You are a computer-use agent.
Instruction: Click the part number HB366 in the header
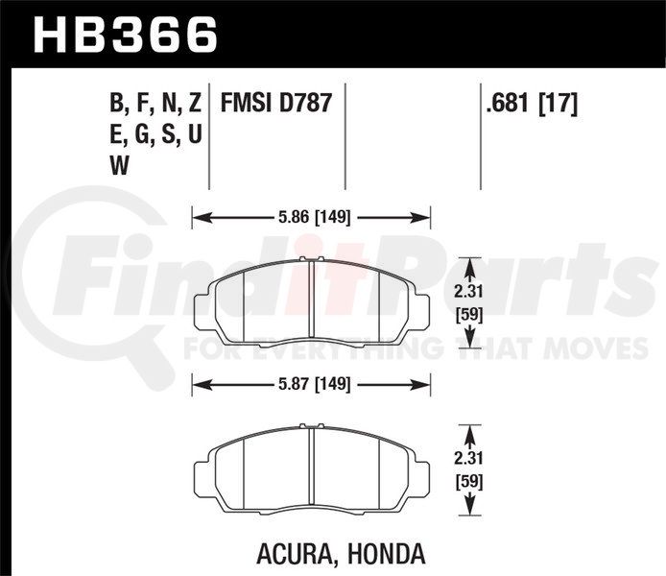(x=126, y=35)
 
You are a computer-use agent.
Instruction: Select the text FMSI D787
(x=275, y=104)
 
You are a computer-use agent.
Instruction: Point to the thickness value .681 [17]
(x=532, y=104)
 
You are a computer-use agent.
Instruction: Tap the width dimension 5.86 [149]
(x=315, y=218)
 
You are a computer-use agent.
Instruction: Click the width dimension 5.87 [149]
(x=315, y=385)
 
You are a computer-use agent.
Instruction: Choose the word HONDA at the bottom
(x=386, y=553)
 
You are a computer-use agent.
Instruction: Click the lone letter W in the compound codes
(x=119, y=165)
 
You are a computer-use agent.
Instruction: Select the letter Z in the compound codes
(x=194, y=104)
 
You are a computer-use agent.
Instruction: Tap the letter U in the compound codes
(x=194, y=134)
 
